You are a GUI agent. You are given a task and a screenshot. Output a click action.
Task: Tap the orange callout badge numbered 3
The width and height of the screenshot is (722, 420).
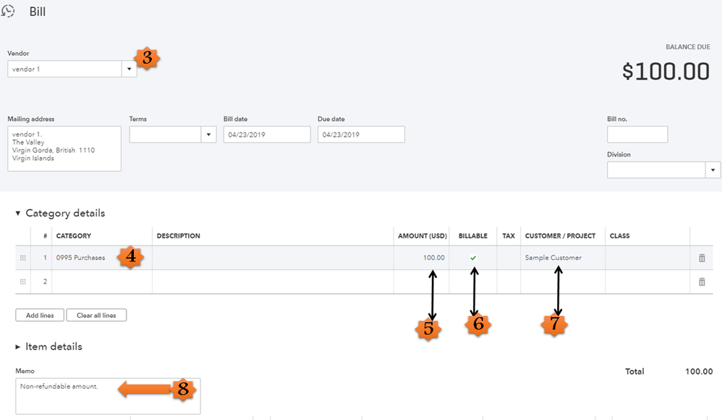pyautogui.click(x=147, y=58)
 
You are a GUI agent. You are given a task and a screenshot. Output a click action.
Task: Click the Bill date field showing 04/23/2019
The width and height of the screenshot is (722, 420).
pyautogui.click(x=266, y=135)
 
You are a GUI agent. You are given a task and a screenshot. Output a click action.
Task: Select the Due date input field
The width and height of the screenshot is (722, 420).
pyautogui.click(x=360, y=135)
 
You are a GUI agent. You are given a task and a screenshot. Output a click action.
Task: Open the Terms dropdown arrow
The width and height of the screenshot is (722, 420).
pyautogui.click(x=208, y=135)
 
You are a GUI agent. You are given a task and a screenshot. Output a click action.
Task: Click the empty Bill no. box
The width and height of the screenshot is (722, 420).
pyautogui.click(x=637, y=135)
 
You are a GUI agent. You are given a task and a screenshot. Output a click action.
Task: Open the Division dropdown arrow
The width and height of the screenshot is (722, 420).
pyautogui.click(x=713, y=169)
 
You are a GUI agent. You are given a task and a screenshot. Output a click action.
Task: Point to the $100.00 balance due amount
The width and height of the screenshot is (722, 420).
pyautogui.click(x=666, y=71)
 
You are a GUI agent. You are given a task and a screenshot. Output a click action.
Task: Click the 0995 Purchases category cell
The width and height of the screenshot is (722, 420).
pyautogui.click(x=81, y=258)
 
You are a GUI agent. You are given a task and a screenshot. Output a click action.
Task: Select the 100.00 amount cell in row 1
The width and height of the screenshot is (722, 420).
pyautogui.click(x=434, y=258)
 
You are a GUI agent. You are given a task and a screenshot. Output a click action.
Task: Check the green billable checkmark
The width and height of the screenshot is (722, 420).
pyautogui.click(x=473, y=258)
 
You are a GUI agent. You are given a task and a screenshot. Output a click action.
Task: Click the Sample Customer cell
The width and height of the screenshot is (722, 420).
pyautogui.click(x=553, y=258)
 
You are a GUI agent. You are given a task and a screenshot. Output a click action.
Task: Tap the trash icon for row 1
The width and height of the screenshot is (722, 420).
pyautogui.click(x=702, y=259)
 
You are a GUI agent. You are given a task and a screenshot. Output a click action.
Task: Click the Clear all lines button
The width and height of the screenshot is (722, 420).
pyautogui.click(x=96, y=316)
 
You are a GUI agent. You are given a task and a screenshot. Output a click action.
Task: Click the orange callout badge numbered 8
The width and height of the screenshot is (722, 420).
pyautogui.click(x=183, y=390)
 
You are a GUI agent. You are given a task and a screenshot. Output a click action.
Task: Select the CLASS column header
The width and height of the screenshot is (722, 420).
pyautogui.click(x=620, y=236)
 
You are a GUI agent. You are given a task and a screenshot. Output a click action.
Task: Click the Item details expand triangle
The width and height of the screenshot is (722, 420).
pyautogui.click(x=18, y=347)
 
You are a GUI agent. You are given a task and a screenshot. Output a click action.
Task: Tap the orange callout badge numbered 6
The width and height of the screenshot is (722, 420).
pyautogui.click(x=478, y=325)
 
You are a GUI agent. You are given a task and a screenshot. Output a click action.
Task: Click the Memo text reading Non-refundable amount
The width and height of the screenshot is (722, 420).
pyautogui.click(x=57, y=387)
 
